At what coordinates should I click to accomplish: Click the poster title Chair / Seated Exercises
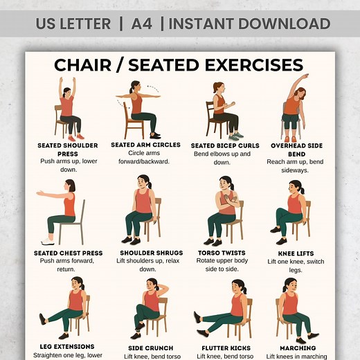click(x=179, y=65)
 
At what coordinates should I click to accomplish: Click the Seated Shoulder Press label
click(x=67, y=145)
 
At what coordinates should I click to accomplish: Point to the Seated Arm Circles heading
click(x=145, y=145)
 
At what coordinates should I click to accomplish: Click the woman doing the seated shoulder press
click(x=68, y=107)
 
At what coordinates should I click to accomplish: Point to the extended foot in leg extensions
click(x=44, y=319)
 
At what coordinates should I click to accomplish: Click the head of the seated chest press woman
click(x=70, y=186)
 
